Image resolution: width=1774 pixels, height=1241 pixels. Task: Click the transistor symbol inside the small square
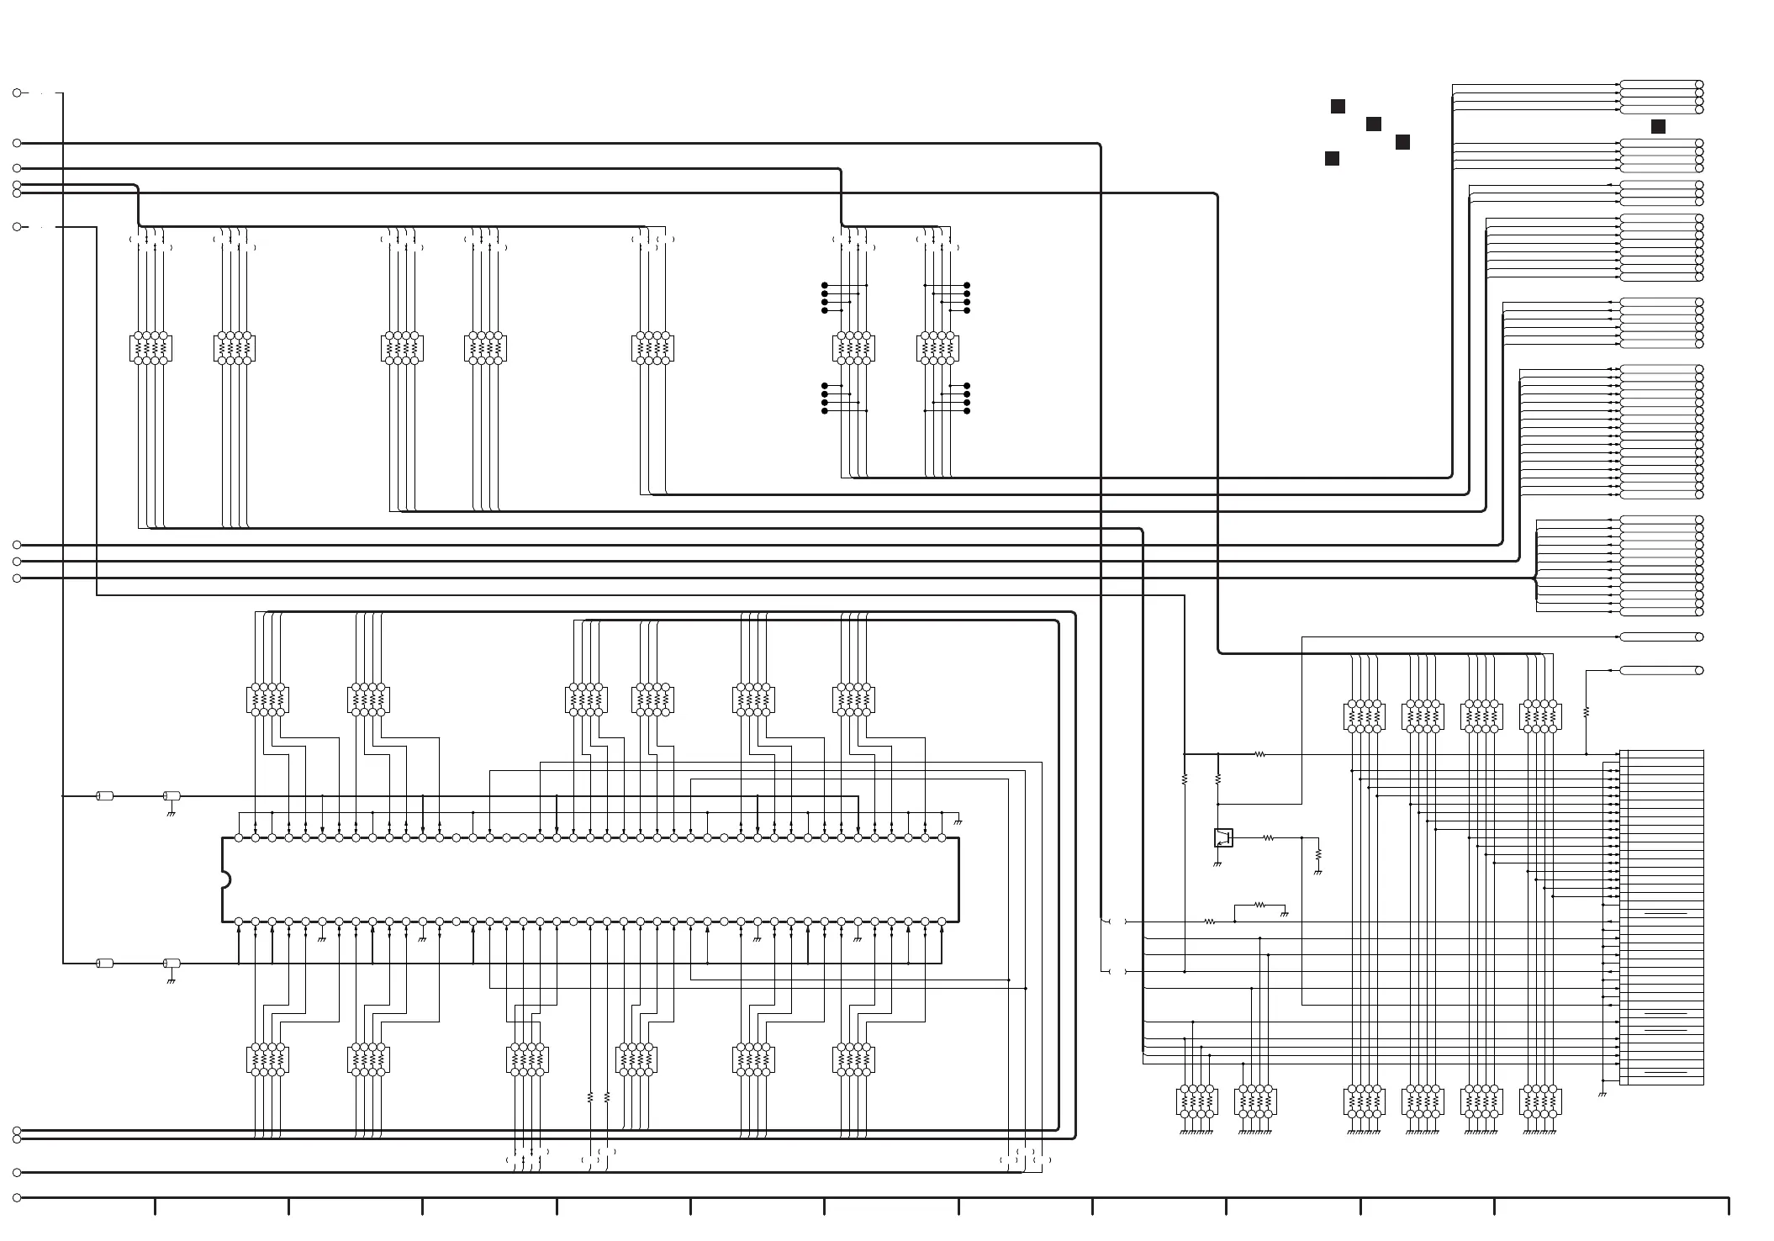pyautogui.click(x=1223, y=837)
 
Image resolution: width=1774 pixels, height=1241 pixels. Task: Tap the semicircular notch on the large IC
pyautogui.click(x=225, y=879)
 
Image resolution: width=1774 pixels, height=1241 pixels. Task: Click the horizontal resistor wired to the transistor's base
pyautogui.click(x=1268, y=838)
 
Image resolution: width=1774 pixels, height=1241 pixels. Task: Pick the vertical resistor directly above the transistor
pyautogui.click(x=1217, y=780)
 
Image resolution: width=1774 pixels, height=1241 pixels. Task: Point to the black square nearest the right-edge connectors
pyautogui.click(x=1658, y=127)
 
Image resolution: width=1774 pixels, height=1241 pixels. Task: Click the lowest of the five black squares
pyautogui.click(x=1332, y=159)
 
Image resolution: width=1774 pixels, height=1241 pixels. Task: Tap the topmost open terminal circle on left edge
pyautogui.click(x=17, y=93)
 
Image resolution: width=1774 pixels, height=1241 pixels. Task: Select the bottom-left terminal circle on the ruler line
pyautogui.click(x=17, y=1197)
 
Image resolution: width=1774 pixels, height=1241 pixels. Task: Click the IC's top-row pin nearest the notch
pyautogui.click(x=239, y=838)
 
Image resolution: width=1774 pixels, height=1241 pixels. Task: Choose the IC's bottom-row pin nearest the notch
pyautogui.click(x=239, y=922)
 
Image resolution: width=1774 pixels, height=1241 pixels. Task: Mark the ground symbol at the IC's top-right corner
pyautogui.click(x=958, y=821)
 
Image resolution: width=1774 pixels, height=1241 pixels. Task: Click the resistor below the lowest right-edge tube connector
pyautogui.click(x=1586, y=712)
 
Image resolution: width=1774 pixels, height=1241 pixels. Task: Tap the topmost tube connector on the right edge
pyautogui.click(x=1660, y=84)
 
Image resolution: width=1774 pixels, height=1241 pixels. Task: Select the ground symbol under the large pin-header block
pyautogui.click(x=1602, y=1094)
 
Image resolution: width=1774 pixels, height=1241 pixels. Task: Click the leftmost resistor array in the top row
pyautogui.click(x=150, y=348)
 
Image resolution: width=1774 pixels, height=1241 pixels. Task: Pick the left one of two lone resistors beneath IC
pyautogui.click(x=590, y=1097)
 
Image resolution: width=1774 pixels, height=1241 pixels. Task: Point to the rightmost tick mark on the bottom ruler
pyautogui.click(x=1729, y=1206)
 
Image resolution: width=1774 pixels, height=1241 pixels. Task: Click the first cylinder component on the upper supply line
pyautogui.click(x=105, y=795)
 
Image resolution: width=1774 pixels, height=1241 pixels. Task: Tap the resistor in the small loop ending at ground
pyautogui.click(x=1259, y=905)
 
